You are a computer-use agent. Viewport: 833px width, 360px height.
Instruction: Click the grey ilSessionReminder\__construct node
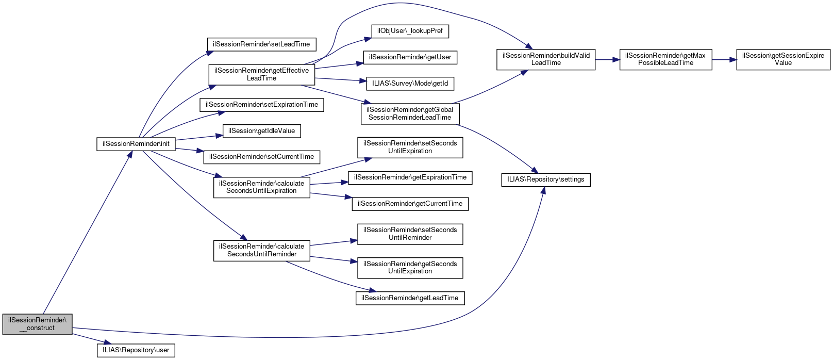tap(37, 324)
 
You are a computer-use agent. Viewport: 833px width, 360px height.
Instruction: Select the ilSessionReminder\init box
tap(136, 144)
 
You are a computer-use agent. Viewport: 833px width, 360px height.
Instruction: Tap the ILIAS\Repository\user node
tap(136, 350)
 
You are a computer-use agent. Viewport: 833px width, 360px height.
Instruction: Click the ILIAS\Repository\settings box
tap(546, 179)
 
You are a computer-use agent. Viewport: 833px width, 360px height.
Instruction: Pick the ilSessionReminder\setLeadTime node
tap(261, 44)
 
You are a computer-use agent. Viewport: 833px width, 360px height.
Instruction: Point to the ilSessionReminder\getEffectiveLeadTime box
tap(261, 74)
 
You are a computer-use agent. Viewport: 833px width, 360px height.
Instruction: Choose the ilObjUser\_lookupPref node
tap(410, 31)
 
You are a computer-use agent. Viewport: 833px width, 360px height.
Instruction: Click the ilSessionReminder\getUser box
tap(410, 57)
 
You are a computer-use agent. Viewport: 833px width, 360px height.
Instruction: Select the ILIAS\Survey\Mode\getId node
tap(410, 83)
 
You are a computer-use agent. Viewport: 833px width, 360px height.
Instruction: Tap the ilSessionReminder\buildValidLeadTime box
tap(546, 59)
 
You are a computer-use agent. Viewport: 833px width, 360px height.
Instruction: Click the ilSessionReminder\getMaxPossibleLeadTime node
tap(665, 59)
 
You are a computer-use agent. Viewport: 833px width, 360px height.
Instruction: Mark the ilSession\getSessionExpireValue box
tap(783, 59)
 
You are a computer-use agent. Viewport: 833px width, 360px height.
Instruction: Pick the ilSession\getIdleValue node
tap(261, 131)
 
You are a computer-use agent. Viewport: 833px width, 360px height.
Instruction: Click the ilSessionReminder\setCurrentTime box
tap(261, 157)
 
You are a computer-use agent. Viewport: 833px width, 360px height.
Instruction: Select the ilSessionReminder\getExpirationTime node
tap(410, 177)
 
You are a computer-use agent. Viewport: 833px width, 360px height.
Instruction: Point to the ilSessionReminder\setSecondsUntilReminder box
tap(410, 234)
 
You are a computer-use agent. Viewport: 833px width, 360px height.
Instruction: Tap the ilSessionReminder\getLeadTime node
tap(410, 298)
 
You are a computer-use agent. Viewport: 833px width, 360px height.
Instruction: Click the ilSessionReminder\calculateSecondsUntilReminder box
tap(261, 250)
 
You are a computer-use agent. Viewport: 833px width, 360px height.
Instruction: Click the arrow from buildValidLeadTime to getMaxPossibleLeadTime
tap(607, 60)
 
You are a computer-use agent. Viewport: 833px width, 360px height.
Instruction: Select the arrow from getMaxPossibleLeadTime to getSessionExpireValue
tap(724, 60)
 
